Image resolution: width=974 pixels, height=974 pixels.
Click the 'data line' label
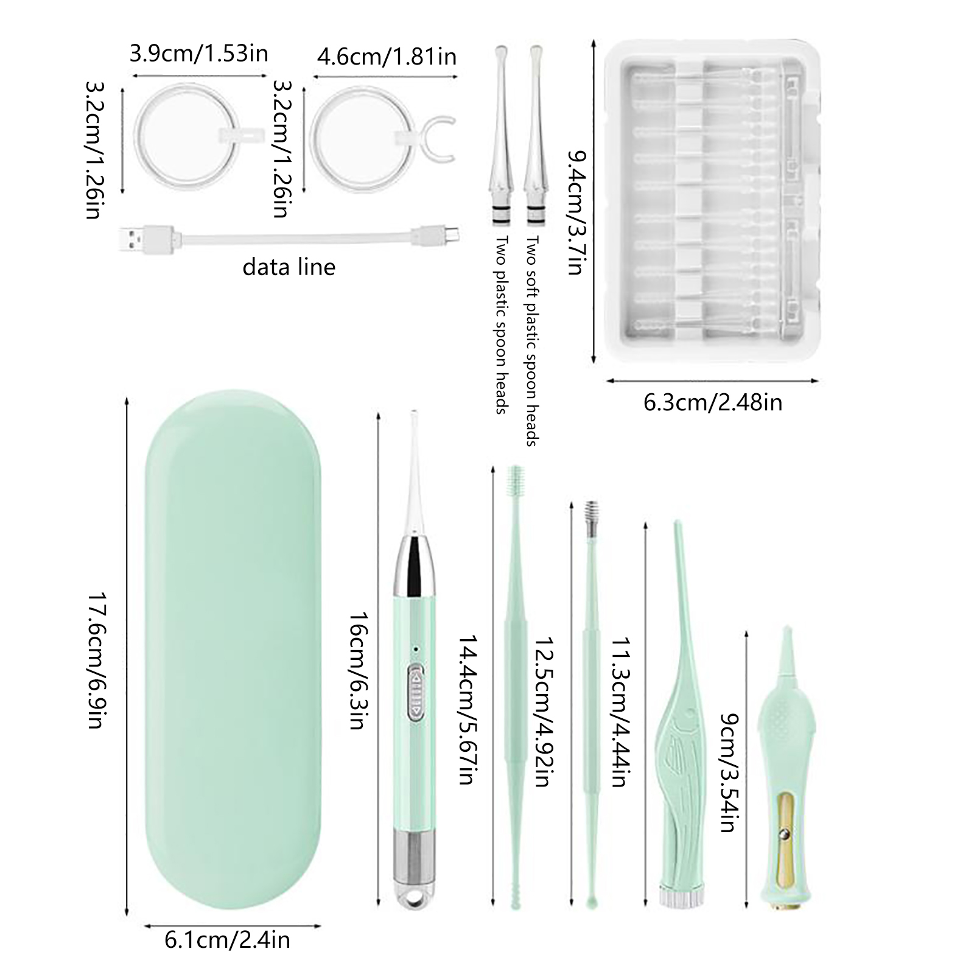click(289, 267)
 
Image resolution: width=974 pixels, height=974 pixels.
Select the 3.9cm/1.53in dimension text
click(199, 54)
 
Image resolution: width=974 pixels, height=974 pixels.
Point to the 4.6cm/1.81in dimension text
click(387, 57)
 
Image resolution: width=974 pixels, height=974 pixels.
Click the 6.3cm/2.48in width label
click(713, 402)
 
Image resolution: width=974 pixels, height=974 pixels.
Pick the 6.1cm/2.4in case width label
click(228, 941)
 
